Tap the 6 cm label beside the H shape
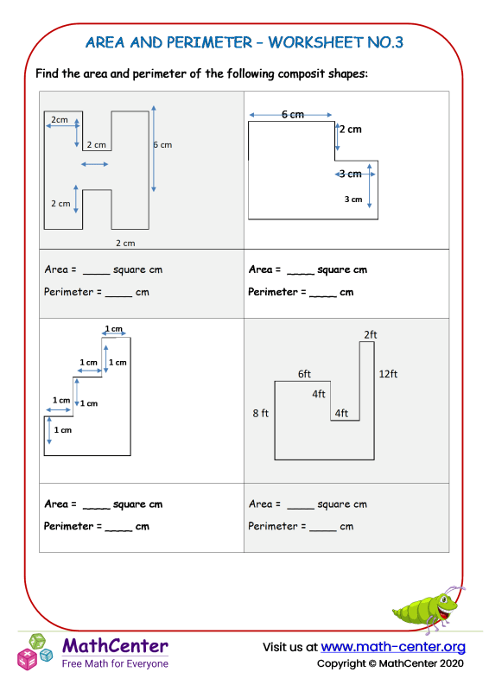(162, 145)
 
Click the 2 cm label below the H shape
(125, 244)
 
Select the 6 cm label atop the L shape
(293, 114)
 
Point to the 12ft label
(388, 374)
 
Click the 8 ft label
(260, 414)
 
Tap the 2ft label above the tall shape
(371, 334)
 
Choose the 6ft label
(305, 374)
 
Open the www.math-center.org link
(393, 647)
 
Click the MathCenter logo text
(115, 645)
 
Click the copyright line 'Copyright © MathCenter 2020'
(391, 663)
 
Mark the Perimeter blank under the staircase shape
(118, 528)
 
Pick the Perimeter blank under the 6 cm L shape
(322, 294)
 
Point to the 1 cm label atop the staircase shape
(114, 329)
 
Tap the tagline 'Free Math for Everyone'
(115, 663)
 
